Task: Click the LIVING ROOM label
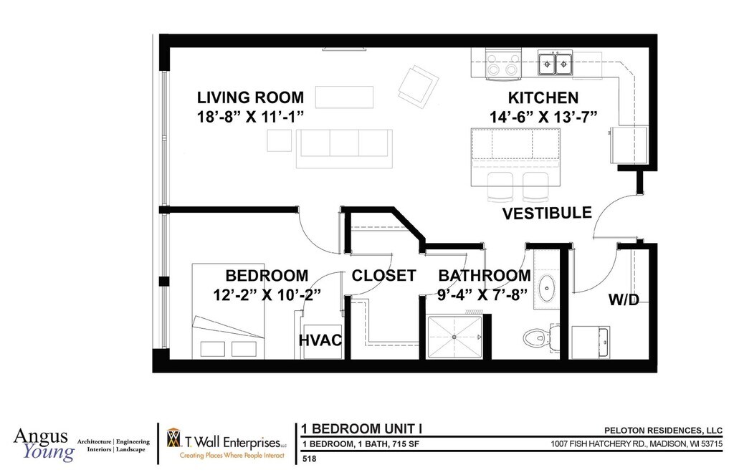[x=250, y=97]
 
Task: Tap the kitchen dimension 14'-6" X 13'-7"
[x=543, y=117]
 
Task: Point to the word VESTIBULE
[x=547, y=213]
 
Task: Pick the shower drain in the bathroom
[x=454, y=337]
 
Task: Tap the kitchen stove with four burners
[x=503, y=64]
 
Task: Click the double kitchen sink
[x=556, y=63]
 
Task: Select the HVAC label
[x=320, y=340]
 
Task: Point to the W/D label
[x=624, y=299]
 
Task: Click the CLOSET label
[x=384, y=276]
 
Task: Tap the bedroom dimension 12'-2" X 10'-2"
[x=267, y=295]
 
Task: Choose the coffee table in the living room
[x=344, y=97]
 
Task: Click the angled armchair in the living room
[x=419, y=85]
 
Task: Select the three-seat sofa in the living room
[x=344, y=148]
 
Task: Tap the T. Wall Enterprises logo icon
[x=173, y=438]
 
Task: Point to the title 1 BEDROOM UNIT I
[x=362, y=428]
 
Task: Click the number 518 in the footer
[x=310, y=459]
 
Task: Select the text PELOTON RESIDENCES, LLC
[x=663, y=431]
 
